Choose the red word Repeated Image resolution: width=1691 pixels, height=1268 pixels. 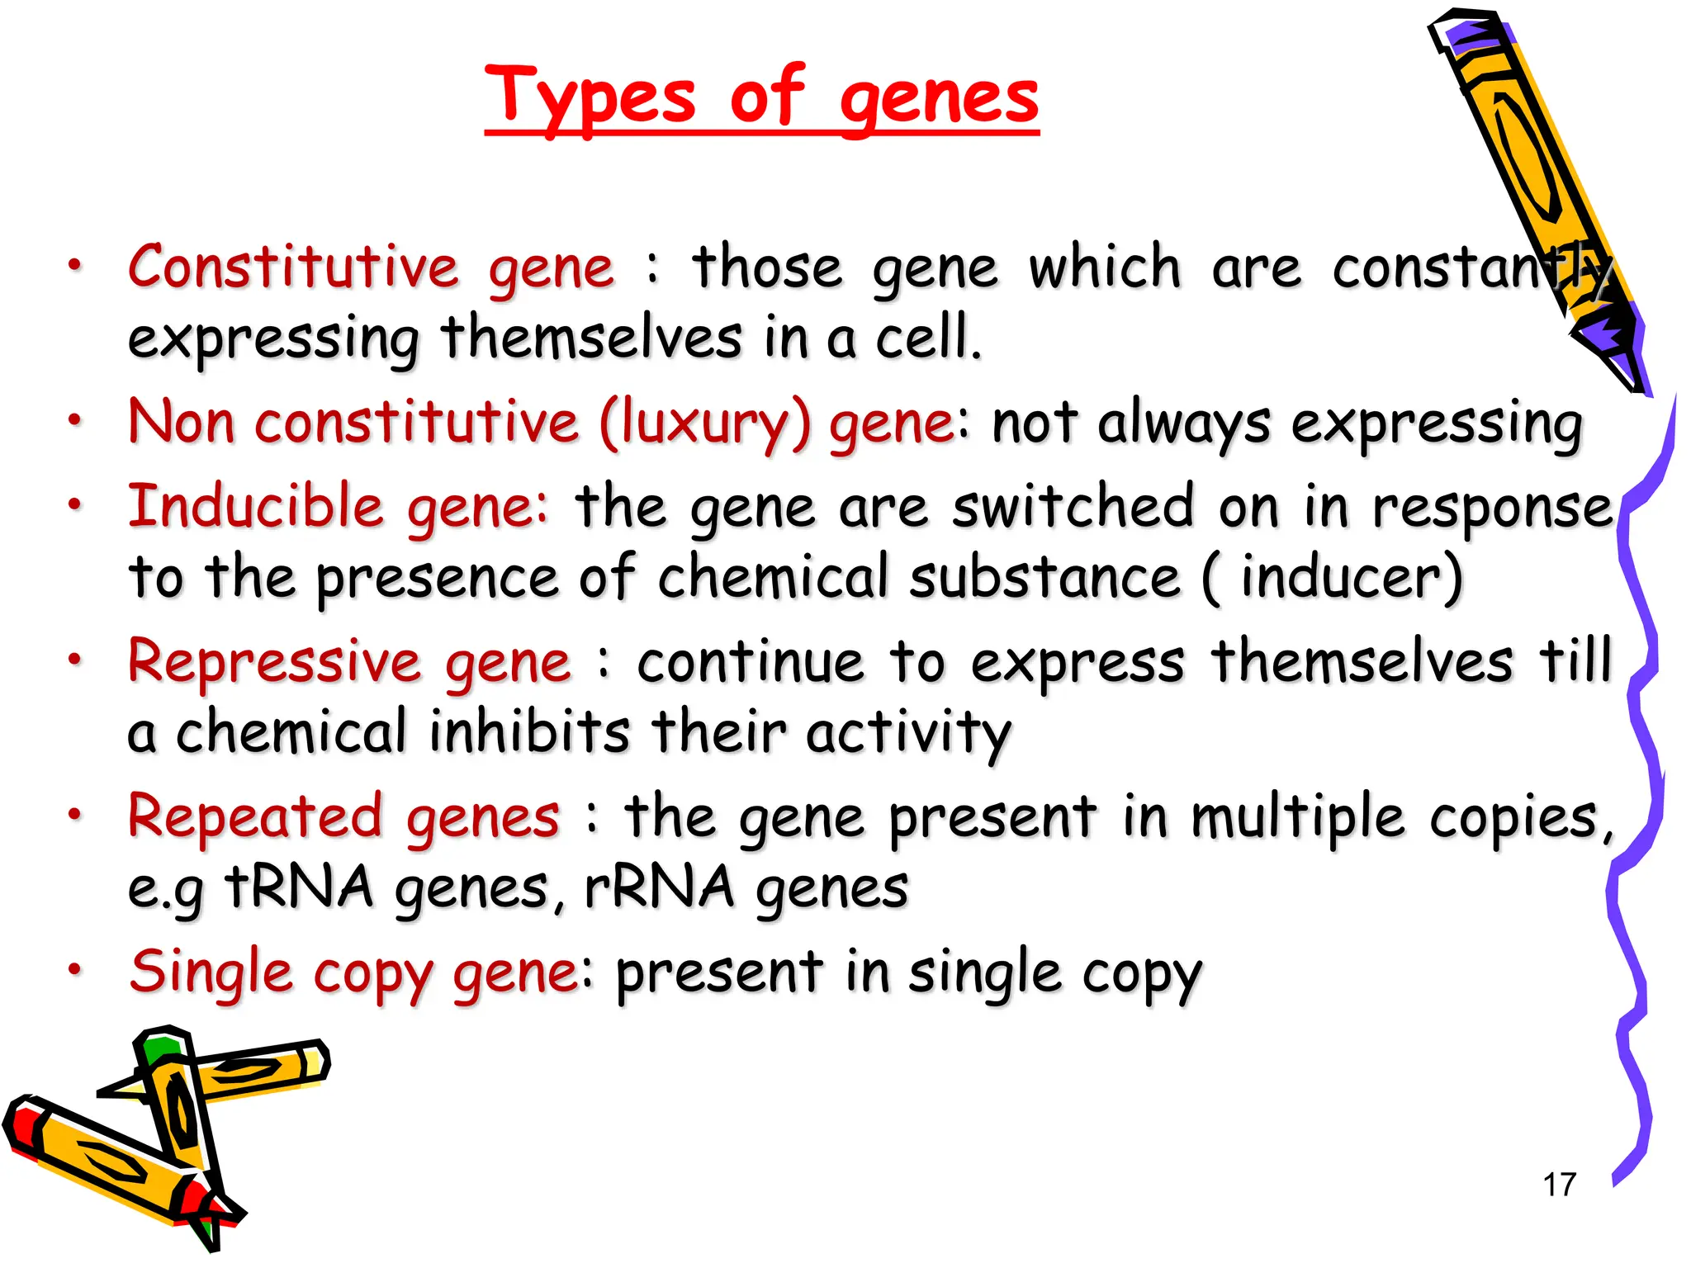point(255,816)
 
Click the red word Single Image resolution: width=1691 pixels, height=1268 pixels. point(211,972)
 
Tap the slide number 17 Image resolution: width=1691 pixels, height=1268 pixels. point(1560,1185)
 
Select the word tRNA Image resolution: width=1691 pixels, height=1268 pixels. point(299,887)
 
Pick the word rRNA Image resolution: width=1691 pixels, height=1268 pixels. point(659,887)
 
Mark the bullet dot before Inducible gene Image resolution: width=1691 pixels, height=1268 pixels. point(75,503)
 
